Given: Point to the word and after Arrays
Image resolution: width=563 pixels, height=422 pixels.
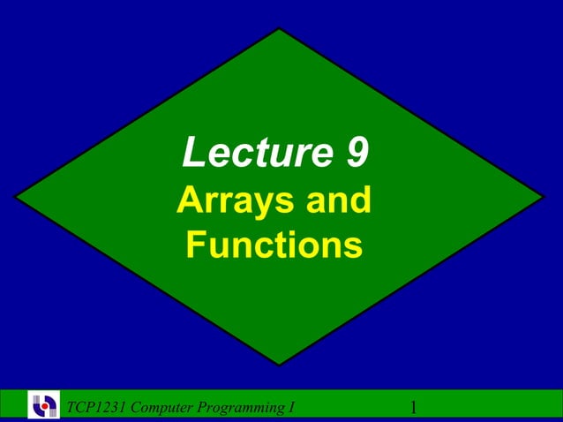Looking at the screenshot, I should tap(339, 201).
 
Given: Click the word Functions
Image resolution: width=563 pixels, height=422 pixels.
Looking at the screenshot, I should tap(274, 245).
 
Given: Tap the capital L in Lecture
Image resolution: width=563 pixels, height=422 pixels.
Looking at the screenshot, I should tap(191, 154).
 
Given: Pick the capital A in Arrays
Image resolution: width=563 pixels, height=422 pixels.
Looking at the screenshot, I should tap(189, 201).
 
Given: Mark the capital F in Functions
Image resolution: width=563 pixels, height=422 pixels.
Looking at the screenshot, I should tap(195, 245).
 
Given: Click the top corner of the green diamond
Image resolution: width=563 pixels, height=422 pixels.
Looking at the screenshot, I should tap(281, 29).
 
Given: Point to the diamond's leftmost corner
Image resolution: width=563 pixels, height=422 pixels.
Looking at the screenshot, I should tap(16, 197).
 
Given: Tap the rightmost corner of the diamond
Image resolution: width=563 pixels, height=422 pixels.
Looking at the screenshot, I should tap(544, 197).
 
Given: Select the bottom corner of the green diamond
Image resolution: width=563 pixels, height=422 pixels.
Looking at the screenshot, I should tap(281, 365).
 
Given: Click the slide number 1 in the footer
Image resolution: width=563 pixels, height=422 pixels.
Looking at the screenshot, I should tap(413, 407).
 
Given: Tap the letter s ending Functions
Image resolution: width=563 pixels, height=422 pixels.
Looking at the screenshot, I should tap(353, 246).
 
